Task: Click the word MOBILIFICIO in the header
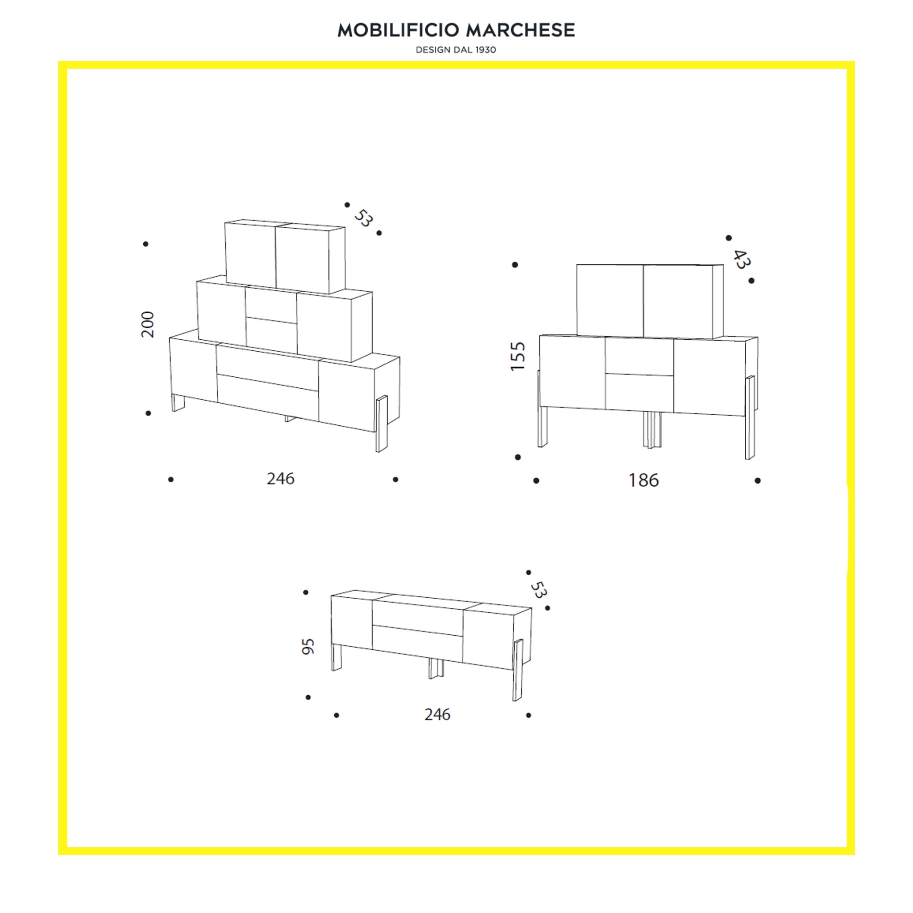[x=398, y=30]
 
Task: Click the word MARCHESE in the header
[x=521, y=30]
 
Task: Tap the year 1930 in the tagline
[x=486, y=50]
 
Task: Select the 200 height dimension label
[x=148, y=324]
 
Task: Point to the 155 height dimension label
[x=518, y=356]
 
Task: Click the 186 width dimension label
[x=644, y=480]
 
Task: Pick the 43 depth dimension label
[x=741, y=259]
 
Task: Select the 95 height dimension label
[x=308, y=646]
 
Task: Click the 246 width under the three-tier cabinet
[x=281, y=479]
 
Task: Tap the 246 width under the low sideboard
[x=437, y=715]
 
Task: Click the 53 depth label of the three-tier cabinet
[x=363, y=218]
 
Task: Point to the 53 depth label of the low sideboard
[x=539, y=590]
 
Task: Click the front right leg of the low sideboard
[x=517, y=670]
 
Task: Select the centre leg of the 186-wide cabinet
[x=652, y=430]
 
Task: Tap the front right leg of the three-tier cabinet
[x=382, y=424]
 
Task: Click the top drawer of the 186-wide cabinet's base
[x=639, y=357]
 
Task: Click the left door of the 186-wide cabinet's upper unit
[x=610, y=300]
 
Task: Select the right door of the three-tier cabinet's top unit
[x=303, y=259]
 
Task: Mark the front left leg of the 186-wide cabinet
[x=542, y=427]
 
